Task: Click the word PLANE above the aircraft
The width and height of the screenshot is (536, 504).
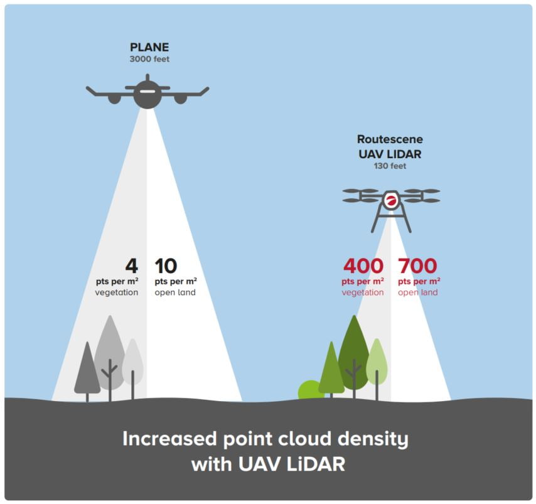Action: [149, 48]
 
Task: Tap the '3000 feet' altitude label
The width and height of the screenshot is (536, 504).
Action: [149, 60]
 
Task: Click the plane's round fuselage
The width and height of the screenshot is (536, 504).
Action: [147, 94]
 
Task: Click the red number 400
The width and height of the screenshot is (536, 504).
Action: [363, 266]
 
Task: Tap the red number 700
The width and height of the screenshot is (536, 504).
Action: [417, 266]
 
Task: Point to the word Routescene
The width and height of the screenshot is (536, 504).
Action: [390, 139]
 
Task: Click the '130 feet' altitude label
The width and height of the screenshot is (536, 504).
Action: [390, 166]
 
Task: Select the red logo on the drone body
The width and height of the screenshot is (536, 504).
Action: [391, 201]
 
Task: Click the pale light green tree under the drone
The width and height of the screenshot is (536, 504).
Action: [377, 357]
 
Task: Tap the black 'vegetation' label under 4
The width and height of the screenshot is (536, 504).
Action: [117, 292]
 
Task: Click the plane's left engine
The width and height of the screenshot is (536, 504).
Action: [114, 99]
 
